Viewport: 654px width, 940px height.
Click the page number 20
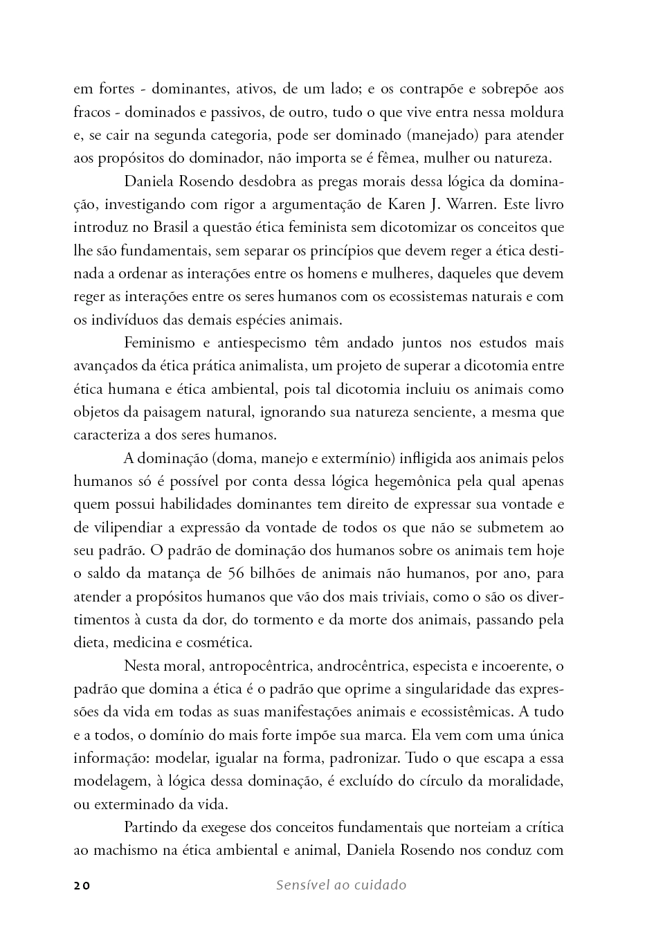click(82, 885)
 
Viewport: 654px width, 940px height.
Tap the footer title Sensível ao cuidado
click(340, 885)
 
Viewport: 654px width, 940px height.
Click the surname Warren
click(470, 204)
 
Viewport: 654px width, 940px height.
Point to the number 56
click(235, 573)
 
